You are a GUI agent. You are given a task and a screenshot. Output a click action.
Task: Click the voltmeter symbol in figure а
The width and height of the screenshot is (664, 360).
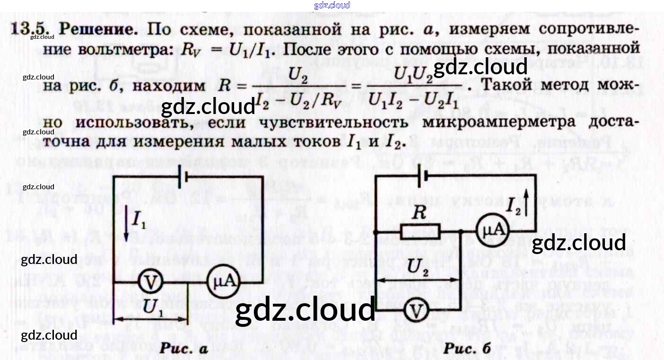[150, 282]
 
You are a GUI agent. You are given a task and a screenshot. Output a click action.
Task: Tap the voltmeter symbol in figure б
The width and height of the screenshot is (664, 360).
[416, 310]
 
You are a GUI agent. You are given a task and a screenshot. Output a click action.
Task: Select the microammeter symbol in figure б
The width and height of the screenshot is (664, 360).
[492, 231]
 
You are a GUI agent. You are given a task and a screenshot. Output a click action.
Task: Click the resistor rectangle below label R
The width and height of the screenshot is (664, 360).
[420, 232]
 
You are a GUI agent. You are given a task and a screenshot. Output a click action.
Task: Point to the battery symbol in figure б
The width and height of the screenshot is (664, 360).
[425, 176]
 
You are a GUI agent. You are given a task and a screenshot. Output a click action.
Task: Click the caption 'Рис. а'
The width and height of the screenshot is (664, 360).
[183, 349]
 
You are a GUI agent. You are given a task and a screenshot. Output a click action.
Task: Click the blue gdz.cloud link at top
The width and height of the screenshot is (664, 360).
[332, 5]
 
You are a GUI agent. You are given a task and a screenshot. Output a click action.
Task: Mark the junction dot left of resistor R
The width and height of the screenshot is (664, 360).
[375, 232]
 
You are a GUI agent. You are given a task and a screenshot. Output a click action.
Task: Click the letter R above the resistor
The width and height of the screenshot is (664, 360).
[419, 213]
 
